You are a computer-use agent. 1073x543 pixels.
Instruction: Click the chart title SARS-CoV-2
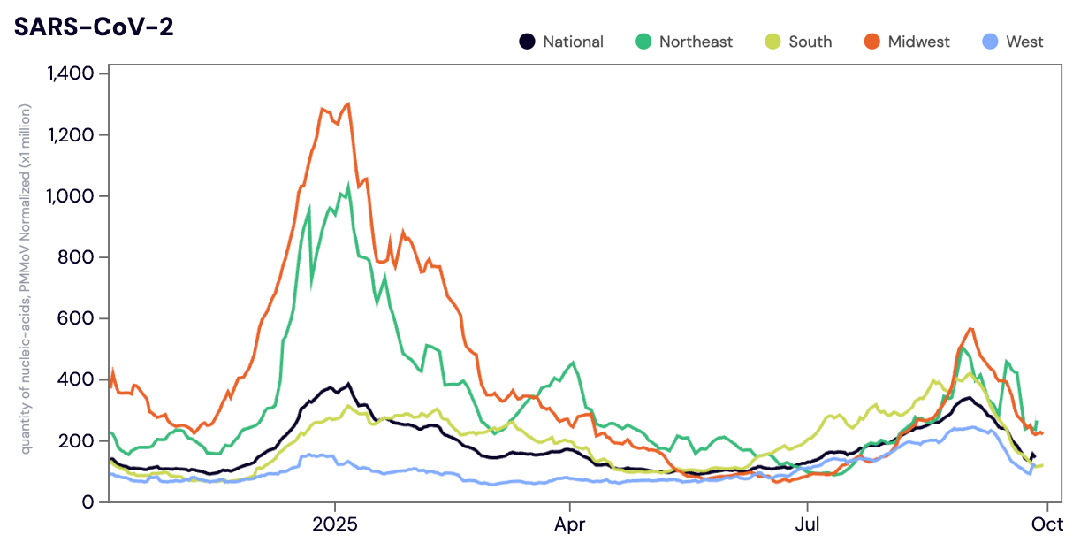pyautogui.click(x=93, y=27)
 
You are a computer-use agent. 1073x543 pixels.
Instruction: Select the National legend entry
pyautogui.click(x=562, y=42)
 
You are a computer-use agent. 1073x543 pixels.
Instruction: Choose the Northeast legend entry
pyautogui.click(x=685, y=42)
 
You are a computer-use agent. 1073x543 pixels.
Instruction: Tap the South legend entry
pyautogui.click(x=799, y=42)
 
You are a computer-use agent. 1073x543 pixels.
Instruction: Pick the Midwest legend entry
pyautogui.click(x=908, y=42)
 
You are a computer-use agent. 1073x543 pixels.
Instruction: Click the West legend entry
pyautogui.click(x=1013, y=42)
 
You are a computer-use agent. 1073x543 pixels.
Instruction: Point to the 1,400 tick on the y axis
pyautogui.click(x=70, y=73)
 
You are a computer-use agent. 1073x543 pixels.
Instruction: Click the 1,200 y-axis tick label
pyautogui.click(x=71, y=134)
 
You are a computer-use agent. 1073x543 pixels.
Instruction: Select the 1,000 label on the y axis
pyautogui.click(x=71, y=195)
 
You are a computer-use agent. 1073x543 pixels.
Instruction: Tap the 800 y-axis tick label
pyautogui.click(x=77, y=257)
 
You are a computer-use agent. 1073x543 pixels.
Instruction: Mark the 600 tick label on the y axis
pyautogui.click(x=77, y=318)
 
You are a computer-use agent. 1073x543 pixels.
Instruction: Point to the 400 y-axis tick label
pyautogui.click(x=77, y=379)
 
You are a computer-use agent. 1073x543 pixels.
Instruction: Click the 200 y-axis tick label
pyautogui.click(x=77, y=440)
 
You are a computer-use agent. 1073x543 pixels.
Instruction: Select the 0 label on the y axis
pyautogui.click(x=88, y=501)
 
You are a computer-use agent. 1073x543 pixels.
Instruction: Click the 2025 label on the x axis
pyautogui.click(x=335, y=524)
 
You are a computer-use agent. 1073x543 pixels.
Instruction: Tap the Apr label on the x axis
pyautogui.click(x=570, y=524)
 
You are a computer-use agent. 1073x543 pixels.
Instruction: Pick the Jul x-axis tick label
pyautogui.click(x=807, y=524)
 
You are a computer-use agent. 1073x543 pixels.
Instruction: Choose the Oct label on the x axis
pyautogui.click(x=1047, y=524)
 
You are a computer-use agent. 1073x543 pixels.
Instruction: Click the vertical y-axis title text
pyautogui.click(x=28, y=278)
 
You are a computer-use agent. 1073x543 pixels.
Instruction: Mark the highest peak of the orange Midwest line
pyautogui.click(x=348, y=103)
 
